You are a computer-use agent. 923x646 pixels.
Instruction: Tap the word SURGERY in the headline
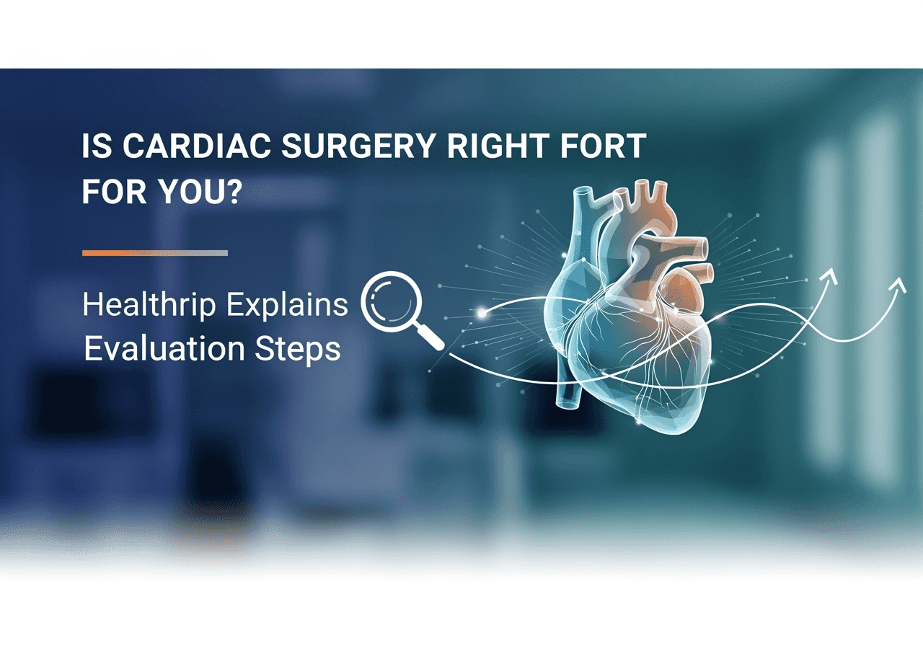point(358,146)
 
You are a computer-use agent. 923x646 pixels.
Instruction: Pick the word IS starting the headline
point(97,146)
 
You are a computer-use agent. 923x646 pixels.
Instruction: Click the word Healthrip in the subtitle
point(149,305)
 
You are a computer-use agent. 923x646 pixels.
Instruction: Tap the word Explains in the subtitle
point(287,305)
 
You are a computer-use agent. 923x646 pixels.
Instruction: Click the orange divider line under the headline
point(155,253)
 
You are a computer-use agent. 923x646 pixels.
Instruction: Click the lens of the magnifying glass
point(391,301)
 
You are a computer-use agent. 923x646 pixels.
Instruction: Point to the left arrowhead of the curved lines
point(831,275)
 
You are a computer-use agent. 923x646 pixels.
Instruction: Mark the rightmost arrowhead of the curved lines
point(898,285)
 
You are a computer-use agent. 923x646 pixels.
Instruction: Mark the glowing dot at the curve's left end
point(482,314)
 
